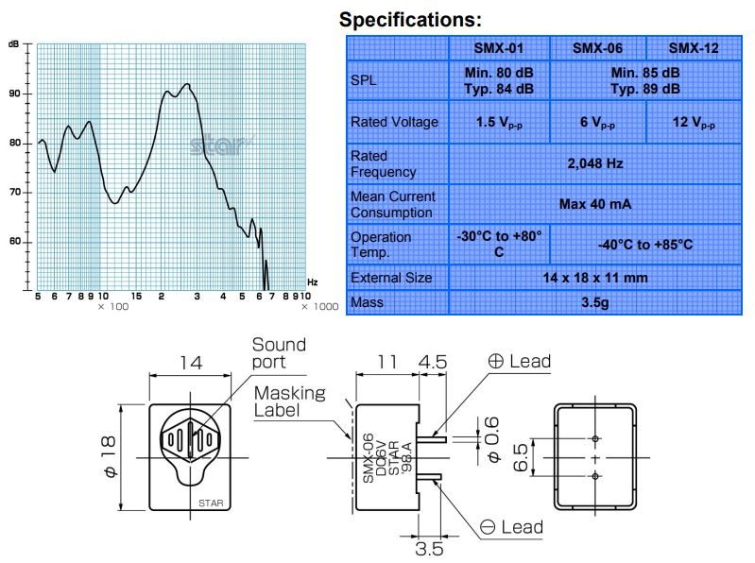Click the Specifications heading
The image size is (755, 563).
coord(410,20)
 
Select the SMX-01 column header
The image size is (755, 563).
coord(498,48)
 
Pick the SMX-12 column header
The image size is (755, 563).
coord(694,48)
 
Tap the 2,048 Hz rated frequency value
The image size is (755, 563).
coord(595,163)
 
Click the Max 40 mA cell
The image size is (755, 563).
coord(595,204)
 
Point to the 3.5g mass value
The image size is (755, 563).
coord(595,302)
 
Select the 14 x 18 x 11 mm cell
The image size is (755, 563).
coord(595,278)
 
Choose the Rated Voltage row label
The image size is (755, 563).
coord(394,122)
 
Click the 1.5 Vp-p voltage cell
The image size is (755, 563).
coord(499,123)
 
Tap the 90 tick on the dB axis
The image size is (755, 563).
coord(14,94)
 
